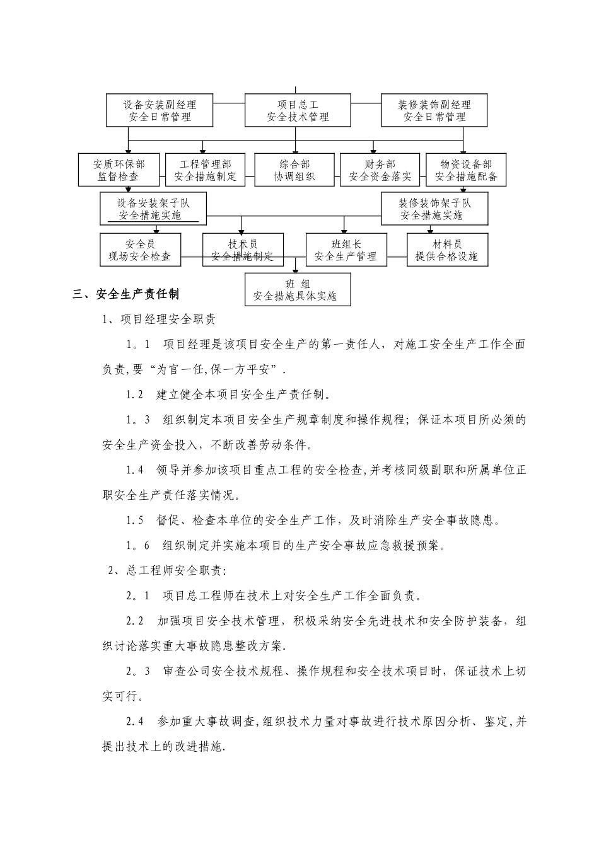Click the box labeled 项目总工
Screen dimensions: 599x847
298,110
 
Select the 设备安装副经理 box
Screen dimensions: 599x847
160,110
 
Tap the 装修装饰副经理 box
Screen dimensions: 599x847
434,110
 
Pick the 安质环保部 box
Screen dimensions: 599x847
119,170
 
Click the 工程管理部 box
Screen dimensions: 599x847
206,170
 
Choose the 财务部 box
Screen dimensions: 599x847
380,170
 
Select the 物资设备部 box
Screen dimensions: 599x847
466,170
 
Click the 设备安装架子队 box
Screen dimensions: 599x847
153,209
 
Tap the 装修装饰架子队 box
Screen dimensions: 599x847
434,209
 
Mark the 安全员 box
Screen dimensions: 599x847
140,250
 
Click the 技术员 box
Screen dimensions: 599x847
243,250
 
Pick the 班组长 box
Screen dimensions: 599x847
346,250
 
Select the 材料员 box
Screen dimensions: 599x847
446,250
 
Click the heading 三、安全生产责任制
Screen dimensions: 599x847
126,294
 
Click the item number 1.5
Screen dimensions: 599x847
135,521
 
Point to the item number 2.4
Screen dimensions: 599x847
135,722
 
